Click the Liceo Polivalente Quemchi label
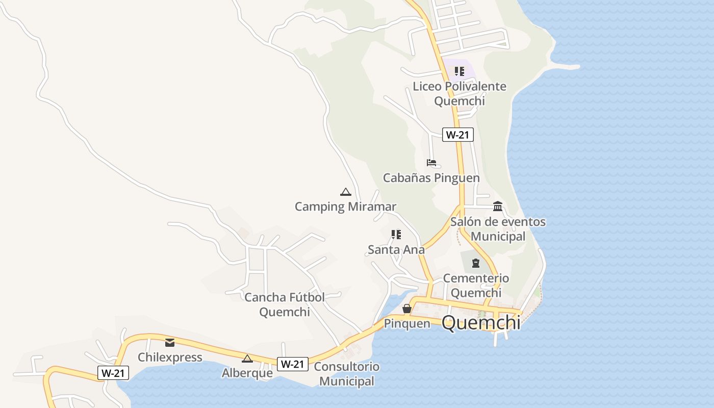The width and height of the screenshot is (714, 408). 460,93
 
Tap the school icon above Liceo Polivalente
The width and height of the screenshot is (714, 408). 460,71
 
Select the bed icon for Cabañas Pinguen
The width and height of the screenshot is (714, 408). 431,163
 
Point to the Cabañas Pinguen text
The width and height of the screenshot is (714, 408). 431,178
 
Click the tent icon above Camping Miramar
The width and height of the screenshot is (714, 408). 346,192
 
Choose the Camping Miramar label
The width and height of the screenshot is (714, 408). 345,207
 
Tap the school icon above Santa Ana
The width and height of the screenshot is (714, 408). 396,235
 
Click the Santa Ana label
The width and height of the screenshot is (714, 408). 396,249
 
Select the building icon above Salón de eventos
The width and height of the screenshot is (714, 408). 498,207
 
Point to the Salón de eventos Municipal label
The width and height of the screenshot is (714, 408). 498,229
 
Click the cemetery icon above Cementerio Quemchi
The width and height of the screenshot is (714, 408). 476,263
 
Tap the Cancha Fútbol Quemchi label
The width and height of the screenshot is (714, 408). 285,304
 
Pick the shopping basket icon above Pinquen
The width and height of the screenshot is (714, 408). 407,309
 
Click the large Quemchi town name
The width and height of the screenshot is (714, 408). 481,323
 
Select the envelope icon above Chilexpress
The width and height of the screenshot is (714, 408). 170,343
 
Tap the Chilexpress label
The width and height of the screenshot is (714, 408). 170,357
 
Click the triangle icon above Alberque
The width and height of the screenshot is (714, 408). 247,359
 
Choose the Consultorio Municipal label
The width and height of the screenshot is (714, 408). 347,374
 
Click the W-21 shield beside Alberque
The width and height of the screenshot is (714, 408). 293,364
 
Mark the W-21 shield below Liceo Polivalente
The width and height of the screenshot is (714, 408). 458,135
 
